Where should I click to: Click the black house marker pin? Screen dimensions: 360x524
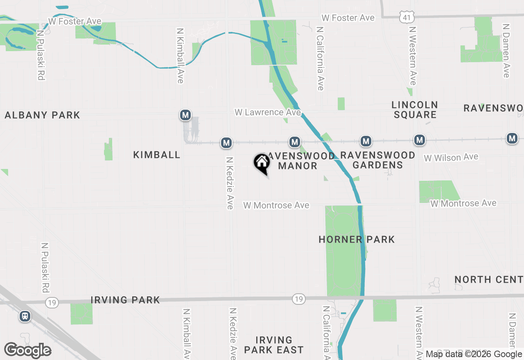[262, 163]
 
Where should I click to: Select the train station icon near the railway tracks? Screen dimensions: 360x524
[25, 316]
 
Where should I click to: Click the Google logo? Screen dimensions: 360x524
[27, 350]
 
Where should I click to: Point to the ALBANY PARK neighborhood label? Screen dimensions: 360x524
[42, 115]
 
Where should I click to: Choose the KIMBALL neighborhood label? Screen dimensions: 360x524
[157, 155]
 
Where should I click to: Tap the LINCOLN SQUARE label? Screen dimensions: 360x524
[415, 110]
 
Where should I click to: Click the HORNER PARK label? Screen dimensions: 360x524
[357, 239]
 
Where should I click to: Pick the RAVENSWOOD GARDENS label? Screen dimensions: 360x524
[377, 160]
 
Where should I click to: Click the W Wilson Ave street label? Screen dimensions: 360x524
[451, 157]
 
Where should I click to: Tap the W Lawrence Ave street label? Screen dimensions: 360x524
[267, 112]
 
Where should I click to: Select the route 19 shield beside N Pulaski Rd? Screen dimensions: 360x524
[52, 303]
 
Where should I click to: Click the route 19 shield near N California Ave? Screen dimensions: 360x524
[299, 299]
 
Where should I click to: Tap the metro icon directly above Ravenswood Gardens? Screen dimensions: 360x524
[366, 142]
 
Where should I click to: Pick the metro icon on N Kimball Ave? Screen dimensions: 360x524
[185, 115]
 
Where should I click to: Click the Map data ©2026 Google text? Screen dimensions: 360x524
[474, 354]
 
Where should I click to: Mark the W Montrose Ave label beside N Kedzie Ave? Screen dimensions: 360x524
[276, 205]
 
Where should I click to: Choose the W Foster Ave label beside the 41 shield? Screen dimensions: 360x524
[348, 18]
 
